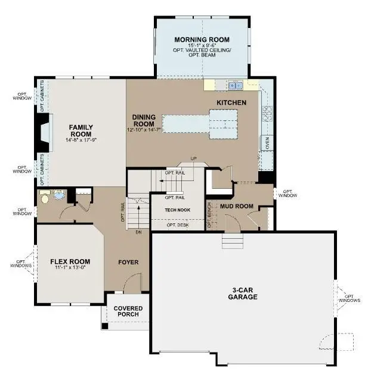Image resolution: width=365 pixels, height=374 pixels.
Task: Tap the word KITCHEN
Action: click(x=231, y=103)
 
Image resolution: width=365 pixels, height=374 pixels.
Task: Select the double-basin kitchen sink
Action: click(x=234, y=86)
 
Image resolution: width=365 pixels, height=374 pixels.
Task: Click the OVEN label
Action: click(x=267, y=143)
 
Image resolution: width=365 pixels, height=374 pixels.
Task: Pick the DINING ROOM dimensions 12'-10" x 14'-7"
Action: click(x=144, y=129)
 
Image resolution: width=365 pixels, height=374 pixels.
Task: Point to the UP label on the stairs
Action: click(x=193, y=158)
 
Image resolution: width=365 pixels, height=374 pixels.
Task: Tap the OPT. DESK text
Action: click(x=177, y=225)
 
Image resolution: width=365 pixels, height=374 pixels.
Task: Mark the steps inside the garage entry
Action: click(x=233, y=241)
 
